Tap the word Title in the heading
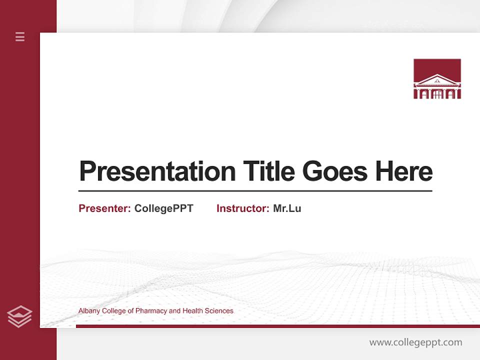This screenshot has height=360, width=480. pos(269,171)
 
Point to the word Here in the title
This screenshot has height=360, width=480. pos(404,171)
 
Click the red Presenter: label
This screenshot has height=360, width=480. pos(104,208)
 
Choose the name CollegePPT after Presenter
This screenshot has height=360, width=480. pos(163,208)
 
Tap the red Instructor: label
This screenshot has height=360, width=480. pos(242,208)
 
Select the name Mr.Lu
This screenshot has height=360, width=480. pos(287,208)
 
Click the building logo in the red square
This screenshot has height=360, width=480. pos(437,78)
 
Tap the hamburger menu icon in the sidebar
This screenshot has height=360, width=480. pos(20,36)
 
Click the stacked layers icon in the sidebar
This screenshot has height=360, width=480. pos(19,316)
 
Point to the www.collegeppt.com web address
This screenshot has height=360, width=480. pos(415,342)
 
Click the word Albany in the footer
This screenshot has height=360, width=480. pos(89,311)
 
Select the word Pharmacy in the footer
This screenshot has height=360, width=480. pos(151,311)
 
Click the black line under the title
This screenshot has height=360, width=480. pos(255,191)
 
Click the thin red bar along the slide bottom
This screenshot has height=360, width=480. pos(277,326)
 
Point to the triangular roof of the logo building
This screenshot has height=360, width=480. pos(437,79)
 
